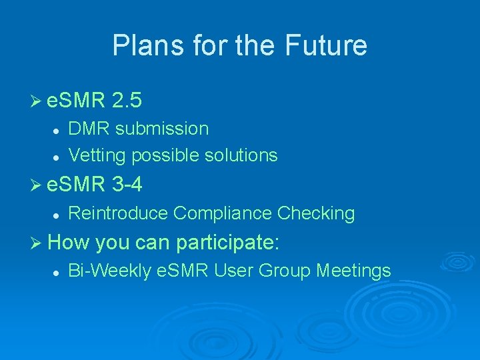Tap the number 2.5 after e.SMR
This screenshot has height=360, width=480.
pyautogui.click(x=127, y=101)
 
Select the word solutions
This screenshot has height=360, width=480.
pyautogui.click(x=241, y=155)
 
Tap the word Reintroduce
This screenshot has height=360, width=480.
pyautogui.click(x=118, y=213)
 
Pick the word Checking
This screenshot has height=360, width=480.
pyautogui.click(x=316, y=213)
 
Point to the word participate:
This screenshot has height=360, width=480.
pyautogui.click(x=227, y=242)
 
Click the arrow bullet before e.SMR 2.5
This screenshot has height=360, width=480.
pyautogui.click(x=36, y=101)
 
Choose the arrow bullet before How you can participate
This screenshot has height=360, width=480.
pyautogui.click(x=36, y=243)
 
